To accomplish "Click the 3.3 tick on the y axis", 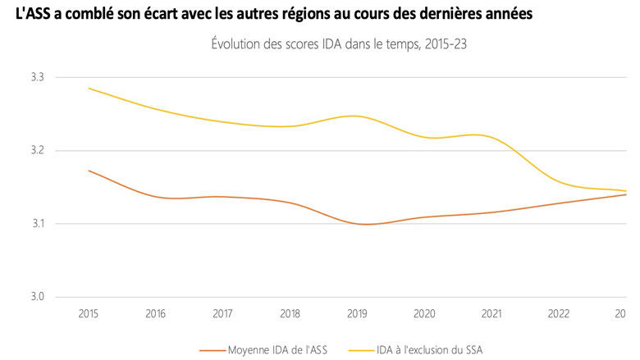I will [38, 77].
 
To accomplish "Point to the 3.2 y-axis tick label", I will [38, 151].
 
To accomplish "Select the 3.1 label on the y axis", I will [38, 224].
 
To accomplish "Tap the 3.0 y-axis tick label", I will [38, 297].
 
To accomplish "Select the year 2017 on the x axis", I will [222, 313].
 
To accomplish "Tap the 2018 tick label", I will [289, 313].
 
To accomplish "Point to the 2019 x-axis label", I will [356, 313].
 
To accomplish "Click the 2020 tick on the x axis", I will [423, 313].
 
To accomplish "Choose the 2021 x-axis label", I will [491, 313].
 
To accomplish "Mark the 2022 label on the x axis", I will [558, 313].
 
